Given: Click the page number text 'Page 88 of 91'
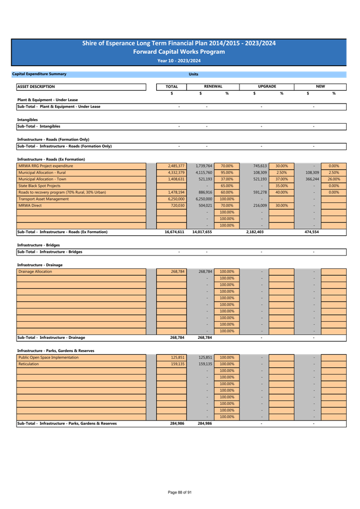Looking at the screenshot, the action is [x=180, y=492].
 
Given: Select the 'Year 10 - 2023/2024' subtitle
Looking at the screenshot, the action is [x=179, y=61].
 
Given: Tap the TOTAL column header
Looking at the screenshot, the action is [x=172, y=86].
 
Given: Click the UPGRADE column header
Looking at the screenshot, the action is [x=267, y=86].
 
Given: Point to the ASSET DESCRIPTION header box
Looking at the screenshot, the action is [x=81, y=86].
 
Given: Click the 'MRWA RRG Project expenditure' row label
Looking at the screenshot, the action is [x=46, y=166].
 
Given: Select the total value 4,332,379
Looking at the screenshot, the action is [x=177, y=173].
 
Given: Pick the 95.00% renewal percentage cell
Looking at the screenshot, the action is [x=227, y=173].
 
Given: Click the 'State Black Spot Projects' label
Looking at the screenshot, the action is [x=39, y=186].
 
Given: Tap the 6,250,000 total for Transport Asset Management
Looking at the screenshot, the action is [x=177, y=199].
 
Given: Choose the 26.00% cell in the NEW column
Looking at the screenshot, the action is [x=334, y=179].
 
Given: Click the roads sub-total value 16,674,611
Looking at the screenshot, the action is [x=174, y=232].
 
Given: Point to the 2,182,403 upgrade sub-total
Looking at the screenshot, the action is [x=255, y=232].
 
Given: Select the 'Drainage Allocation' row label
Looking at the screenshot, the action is [x=35, y=272].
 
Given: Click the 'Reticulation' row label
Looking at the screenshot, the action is [x=29, y=364].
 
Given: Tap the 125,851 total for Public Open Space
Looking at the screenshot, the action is [x=178, y=357].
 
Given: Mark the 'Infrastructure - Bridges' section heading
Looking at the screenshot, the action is [x=38, y=245].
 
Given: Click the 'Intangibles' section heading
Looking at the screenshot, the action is [x=27, y=120].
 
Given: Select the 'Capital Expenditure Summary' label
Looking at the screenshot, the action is [x=39, y=74].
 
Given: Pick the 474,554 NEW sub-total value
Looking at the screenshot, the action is [x=311, y=232].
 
